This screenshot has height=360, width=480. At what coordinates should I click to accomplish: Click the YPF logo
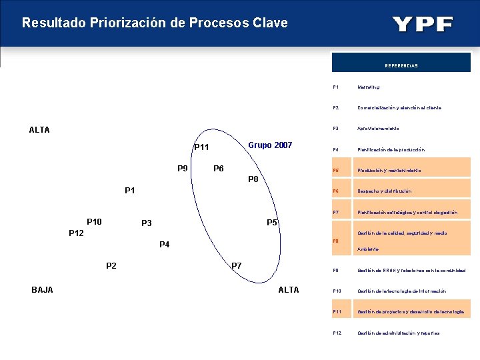click(423, 25)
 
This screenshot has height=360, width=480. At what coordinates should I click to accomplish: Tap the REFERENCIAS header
click(401, 65)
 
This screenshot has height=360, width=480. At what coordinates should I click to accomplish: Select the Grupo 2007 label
click(270, 145)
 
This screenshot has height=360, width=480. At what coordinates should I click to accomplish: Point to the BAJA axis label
click(42, 289)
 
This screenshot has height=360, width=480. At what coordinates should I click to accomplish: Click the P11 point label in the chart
click(201, 147)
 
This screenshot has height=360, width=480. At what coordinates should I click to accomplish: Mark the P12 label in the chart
click(76, 233)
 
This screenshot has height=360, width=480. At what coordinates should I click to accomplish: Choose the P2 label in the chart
click(111, 266)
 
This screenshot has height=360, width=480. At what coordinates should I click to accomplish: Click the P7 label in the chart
click(236, 266)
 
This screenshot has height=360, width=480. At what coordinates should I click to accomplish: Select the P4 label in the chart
click(165, 245)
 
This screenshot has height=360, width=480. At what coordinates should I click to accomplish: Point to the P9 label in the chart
click(182, 168)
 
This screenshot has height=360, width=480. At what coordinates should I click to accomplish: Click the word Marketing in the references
click(369, 87)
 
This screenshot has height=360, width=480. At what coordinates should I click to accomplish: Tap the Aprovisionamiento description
click(378, 128)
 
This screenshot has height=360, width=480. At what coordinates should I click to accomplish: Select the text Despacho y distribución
click(384, 191)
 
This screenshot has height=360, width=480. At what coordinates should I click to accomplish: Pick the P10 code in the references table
click(337, 291)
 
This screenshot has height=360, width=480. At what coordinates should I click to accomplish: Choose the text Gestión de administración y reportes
click(398, 333)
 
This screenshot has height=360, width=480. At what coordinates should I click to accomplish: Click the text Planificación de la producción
click(391, 150)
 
